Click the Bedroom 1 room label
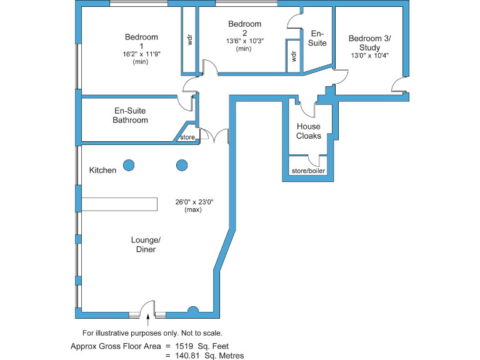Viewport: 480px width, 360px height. click(141, 41)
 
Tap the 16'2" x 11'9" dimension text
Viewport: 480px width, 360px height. click(141, 54)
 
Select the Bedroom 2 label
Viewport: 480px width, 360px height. click(244, 28)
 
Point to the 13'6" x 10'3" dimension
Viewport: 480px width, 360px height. click(244, 41)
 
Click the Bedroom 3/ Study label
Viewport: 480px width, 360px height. click(369, 42)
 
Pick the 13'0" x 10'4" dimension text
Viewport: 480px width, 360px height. click(369, 56)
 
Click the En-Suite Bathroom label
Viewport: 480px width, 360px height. click(130, 115)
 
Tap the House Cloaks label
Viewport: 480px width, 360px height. click(309, 131)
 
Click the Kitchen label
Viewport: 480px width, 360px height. click(102, 170)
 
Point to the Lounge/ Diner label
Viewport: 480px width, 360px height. click(146, 244)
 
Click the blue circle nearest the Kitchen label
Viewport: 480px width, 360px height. click(128, 165)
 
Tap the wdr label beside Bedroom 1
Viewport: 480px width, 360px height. click(189, 39)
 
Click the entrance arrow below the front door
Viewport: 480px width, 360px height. click(148, 320)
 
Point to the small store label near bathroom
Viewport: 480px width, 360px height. click(187, 137)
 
